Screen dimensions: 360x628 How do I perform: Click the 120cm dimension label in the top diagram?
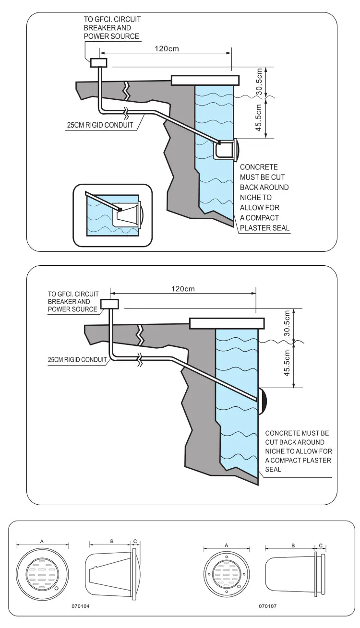[x=167, y=48]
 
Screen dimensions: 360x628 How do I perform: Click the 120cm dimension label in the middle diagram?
[x=183, y=289]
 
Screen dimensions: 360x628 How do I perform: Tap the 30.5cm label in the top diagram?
[x=259, y=81]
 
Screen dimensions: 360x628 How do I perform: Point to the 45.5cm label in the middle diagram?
[x=287, y=363]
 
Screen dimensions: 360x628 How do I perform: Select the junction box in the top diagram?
[x=99, y=62]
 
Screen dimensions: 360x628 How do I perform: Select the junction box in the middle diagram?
[x=110, y=304]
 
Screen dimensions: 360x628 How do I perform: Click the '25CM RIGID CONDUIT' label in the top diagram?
[x=100, y=125]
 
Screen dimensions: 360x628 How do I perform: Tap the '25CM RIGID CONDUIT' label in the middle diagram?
[x=77, y=360]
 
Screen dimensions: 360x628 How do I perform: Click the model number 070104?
[x=81, y=606]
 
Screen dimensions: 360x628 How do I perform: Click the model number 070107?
[x=268, y=606]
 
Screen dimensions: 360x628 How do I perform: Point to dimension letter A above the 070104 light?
[x=42, y=541]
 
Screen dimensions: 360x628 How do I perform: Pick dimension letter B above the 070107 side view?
[x=293, y=545]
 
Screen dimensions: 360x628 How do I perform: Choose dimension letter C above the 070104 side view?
[x=135, y=541]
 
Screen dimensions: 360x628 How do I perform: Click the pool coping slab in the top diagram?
[x=205, y=80]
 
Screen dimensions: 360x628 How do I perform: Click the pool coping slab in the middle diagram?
[x=227, y=323]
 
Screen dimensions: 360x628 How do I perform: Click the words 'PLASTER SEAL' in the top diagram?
[x=264, y=228]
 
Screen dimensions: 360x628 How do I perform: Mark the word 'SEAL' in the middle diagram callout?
[x=273, y=469]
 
